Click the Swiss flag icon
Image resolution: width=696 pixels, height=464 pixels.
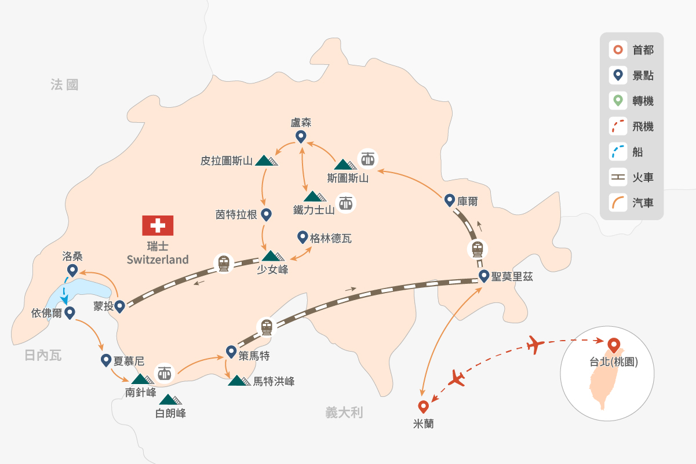point(158,226)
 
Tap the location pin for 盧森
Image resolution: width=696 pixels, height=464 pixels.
point(301,137)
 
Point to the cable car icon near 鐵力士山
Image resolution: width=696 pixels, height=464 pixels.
point(346,203)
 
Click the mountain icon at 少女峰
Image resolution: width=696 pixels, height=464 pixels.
point(271,255)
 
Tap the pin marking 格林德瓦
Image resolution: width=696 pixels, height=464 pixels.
point(302,237)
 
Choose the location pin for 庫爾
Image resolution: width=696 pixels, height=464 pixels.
point(449,200)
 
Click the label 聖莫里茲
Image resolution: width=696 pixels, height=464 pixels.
point(512,277)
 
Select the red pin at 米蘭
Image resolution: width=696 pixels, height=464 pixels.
point(423,407)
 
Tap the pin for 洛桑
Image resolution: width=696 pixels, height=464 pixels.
point(72,270)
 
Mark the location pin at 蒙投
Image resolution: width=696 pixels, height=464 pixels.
point(119,306)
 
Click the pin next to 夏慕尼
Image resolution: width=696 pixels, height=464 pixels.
point(106,360)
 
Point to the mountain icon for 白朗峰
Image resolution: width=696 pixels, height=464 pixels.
point(171,400)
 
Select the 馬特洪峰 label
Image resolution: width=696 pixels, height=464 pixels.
point(274,382)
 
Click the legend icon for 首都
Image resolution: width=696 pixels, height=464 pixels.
point(618,50)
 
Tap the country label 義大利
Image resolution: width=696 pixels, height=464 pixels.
point(344,412)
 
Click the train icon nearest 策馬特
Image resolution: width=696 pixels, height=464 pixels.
point(266,327)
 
